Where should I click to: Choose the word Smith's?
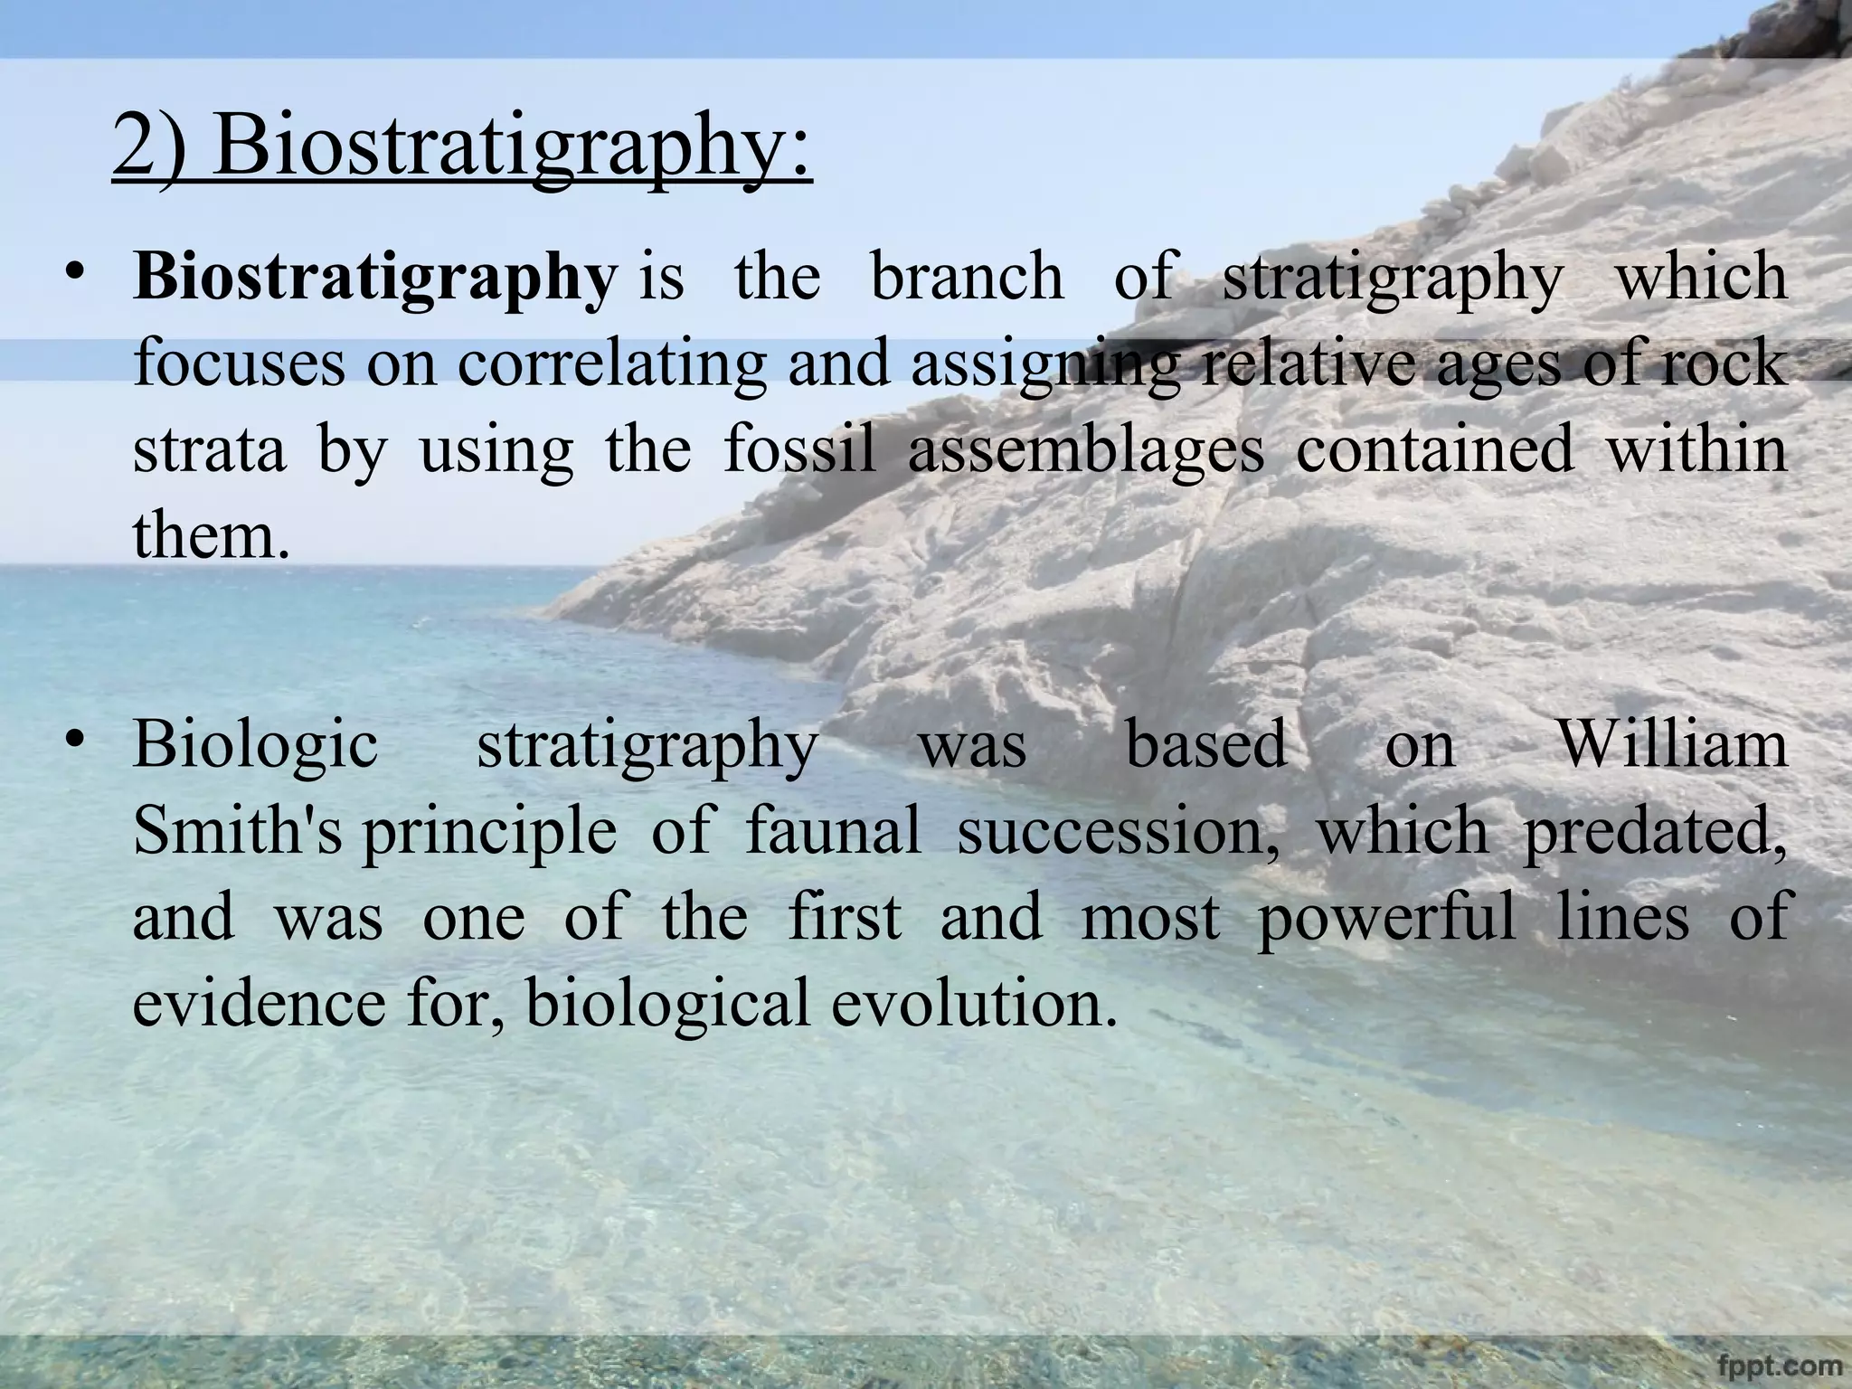pos(236,831)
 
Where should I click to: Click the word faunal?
pos(833,831)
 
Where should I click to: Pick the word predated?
pos(1655,831)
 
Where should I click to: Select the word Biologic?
pos(256,746)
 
